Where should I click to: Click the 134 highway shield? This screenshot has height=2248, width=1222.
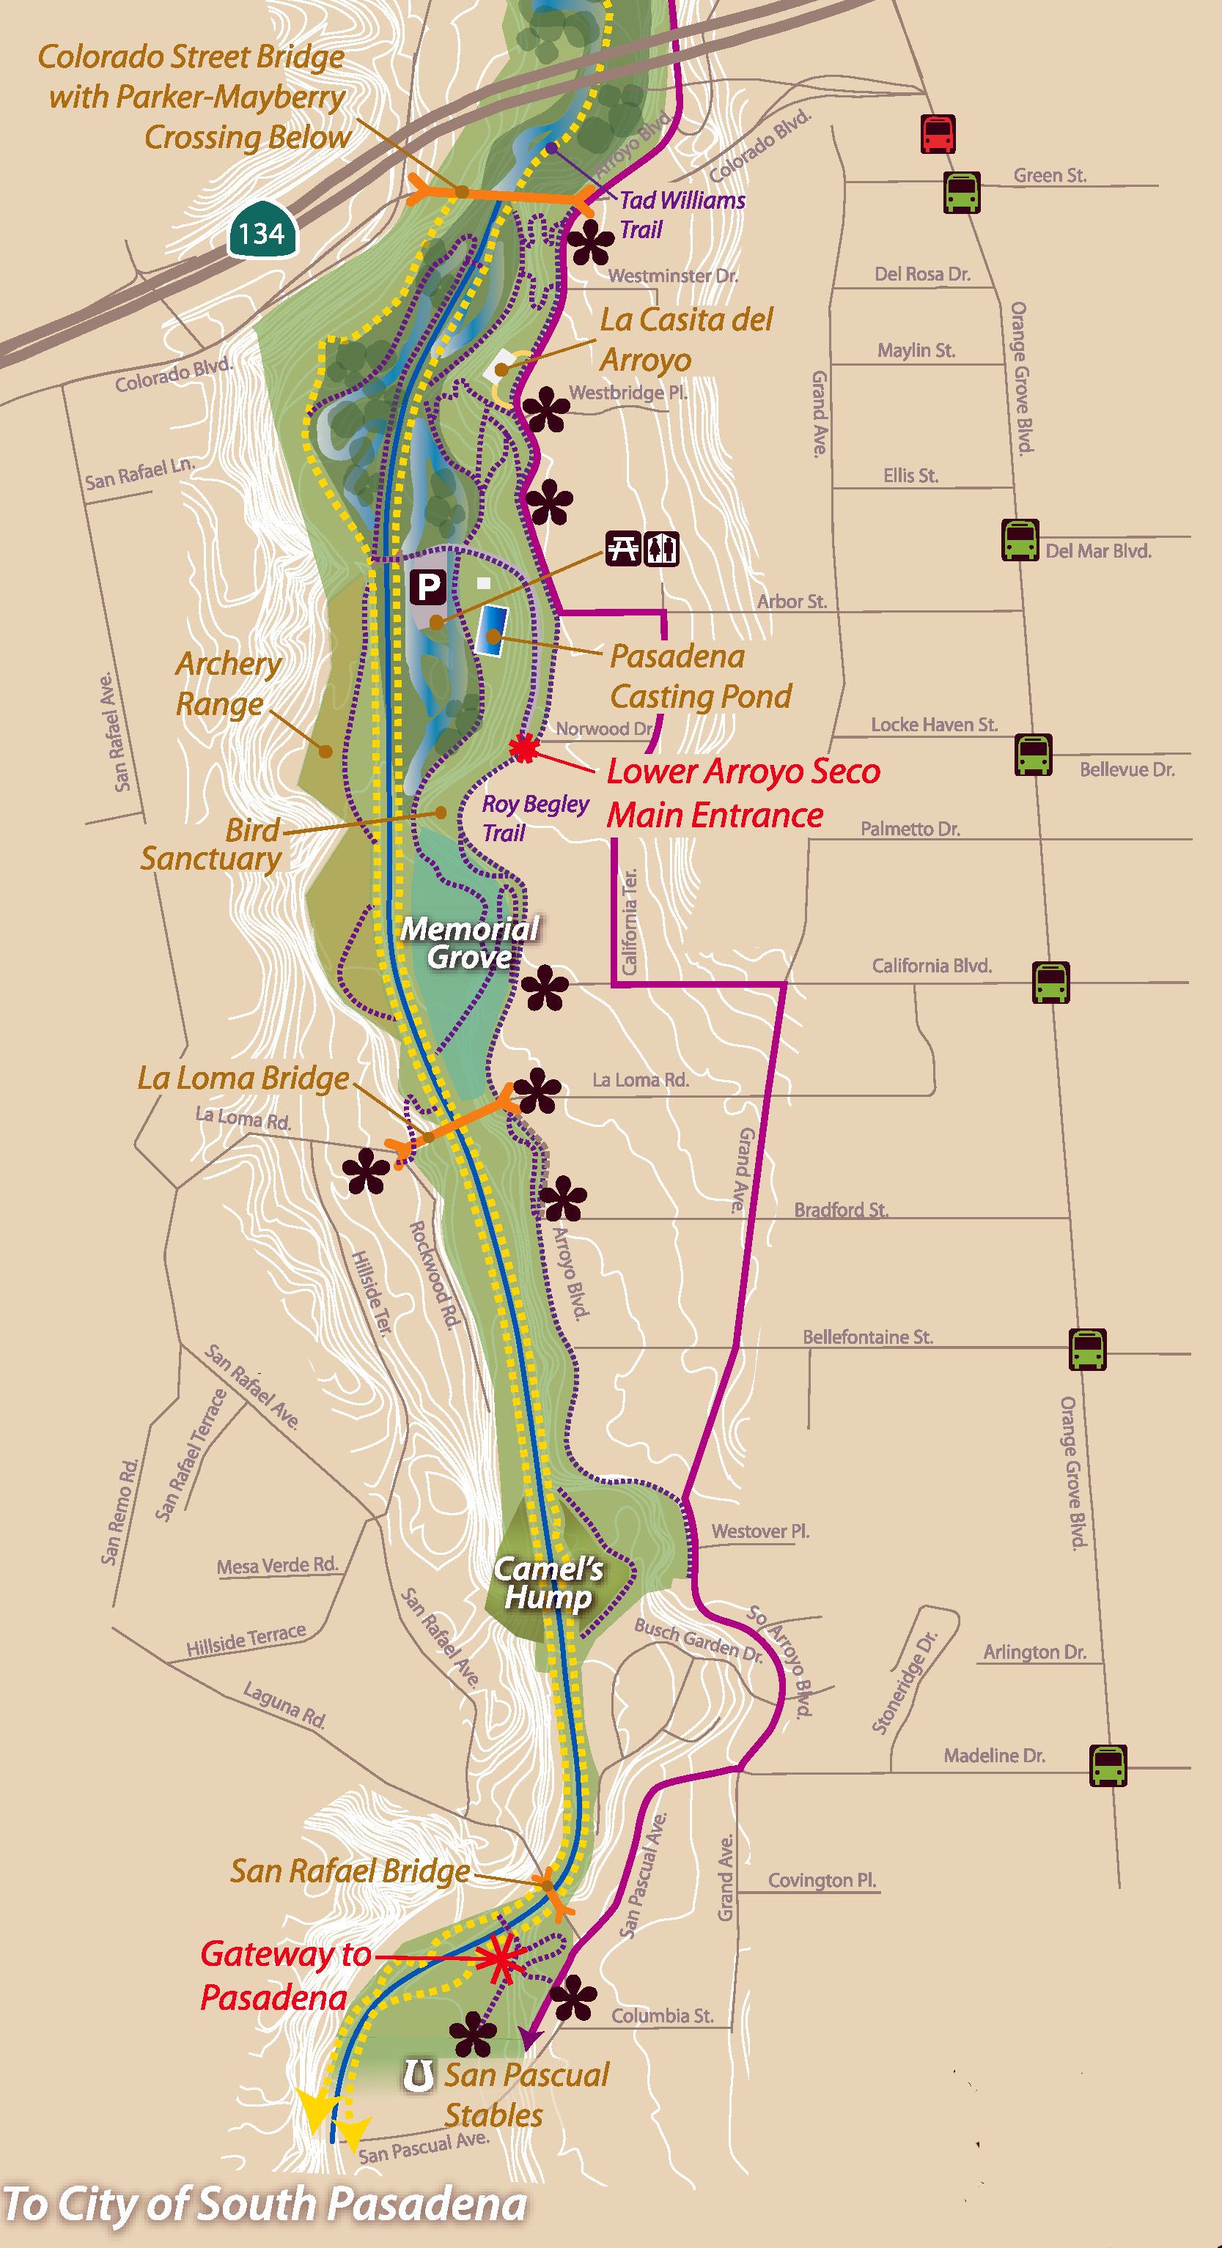tap(262, 232)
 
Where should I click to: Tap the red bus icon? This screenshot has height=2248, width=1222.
tap(938, 134)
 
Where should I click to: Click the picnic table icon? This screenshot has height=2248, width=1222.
tap(623, 549)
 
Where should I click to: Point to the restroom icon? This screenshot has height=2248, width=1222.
tap(662, 549)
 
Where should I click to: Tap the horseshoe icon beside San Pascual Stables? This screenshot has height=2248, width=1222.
tap(418, 2074)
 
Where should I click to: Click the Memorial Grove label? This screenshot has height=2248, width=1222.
tap(470, 943)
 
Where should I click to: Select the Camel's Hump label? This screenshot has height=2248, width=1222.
tap(549, 1583)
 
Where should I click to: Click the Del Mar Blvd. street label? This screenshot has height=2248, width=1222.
tap(1098, 551)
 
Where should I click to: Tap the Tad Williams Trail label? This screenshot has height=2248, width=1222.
tap(682, 215)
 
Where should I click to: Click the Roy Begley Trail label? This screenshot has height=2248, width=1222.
tap(534, 818)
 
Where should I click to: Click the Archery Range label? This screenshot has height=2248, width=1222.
tap(228, 684)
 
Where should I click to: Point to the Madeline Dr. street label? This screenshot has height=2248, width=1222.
tap(994, 1756)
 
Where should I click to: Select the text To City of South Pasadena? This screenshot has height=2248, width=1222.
tap(265, 2204)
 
